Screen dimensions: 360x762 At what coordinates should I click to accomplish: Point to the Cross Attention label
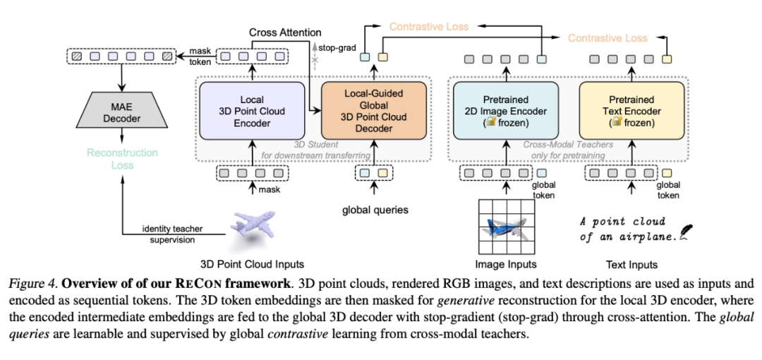(x=285, y=32)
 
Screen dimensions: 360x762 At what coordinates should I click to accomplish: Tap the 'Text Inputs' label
(x=631, y=265)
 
